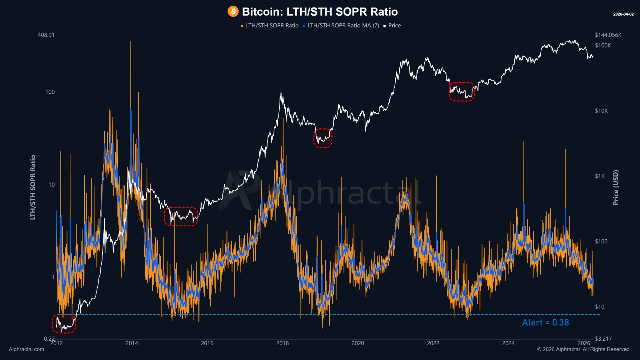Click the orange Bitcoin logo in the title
coord(233,12)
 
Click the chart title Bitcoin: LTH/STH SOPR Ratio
coord(320,12)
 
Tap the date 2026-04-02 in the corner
coord(623,14)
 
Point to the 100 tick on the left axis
coord(50,92)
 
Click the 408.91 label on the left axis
coord(46,35)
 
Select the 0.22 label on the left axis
coord(49,339)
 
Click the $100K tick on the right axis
coord(603,46)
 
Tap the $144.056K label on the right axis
coord(608,35)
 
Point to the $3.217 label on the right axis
coord(603,339)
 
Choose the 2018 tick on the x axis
coord(282,343)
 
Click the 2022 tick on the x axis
coord(433,343)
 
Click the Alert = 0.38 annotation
coord(545,323)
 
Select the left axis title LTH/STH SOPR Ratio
coord(33,187)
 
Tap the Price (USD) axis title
coord(616,187)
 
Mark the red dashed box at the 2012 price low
coord(64,324)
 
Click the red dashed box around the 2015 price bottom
coord(181,216)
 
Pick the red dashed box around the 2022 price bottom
coord(462,92)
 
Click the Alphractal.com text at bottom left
coord(27,349)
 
